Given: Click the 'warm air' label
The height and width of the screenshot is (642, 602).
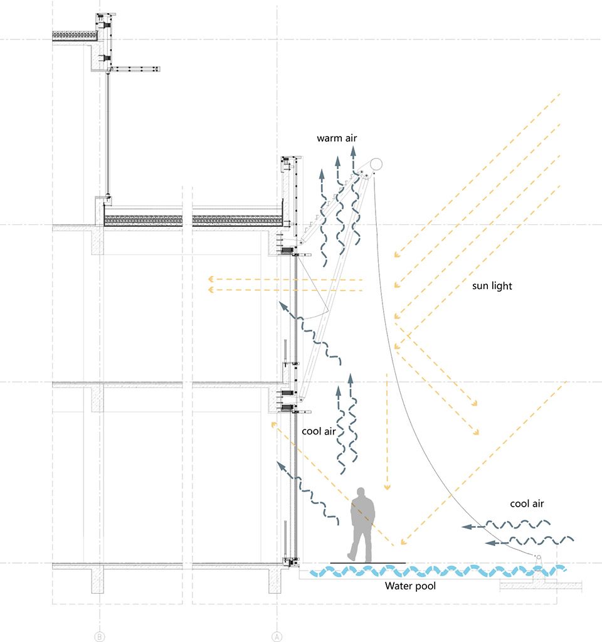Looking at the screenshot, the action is (337, 138).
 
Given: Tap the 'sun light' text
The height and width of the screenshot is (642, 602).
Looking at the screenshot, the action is (492, 286).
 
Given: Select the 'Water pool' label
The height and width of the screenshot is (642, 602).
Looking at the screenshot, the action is (410, 586).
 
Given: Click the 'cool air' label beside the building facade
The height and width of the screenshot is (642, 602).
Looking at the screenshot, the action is (319, 431).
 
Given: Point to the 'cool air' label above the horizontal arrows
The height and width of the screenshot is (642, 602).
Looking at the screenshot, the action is (527, 503).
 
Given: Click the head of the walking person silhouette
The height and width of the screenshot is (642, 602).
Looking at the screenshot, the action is (361, 492).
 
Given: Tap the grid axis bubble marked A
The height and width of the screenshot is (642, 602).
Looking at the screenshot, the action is (277, 637).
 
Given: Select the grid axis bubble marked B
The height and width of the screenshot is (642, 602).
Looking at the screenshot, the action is (100, 637).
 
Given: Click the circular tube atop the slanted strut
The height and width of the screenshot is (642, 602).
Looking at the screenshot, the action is (376, 165).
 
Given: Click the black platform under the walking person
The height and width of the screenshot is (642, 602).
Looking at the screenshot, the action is (367, 564).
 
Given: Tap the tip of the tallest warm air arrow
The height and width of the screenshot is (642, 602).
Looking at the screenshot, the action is (353, 148).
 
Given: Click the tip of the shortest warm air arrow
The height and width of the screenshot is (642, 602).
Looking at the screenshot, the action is (322, 169).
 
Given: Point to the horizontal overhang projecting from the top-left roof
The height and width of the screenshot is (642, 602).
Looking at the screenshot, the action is (135, 69).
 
